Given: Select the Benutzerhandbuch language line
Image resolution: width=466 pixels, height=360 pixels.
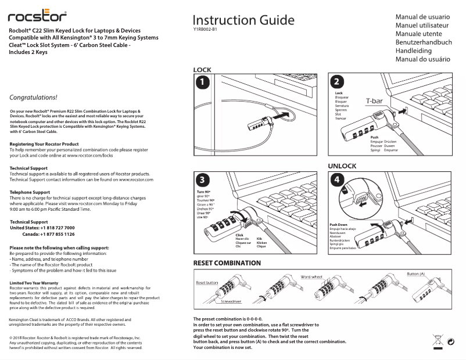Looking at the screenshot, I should point(424,42).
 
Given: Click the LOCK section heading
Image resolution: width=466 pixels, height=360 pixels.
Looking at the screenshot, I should point(202,70).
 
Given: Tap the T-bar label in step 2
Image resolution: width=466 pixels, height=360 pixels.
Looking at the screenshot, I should point(373,102).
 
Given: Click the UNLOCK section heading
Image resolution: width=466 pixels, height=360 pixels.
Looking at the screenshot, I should point(342,166).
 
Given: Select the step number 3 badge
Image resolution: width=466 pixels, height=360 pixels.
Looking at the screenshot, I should point(201,179).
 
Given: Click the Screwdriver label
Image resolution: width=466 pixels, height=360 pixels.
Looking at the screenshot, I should point(231,302).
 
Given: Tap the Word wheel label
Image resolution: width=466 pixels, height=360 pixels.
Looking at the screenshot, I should point(311,277).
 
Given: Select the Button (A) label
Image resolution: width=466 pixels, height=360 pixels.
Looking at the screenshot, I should point(415,273).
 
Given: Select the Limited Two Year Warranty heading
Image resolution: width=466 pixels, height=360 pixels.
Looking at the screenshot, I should point(34,283).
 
